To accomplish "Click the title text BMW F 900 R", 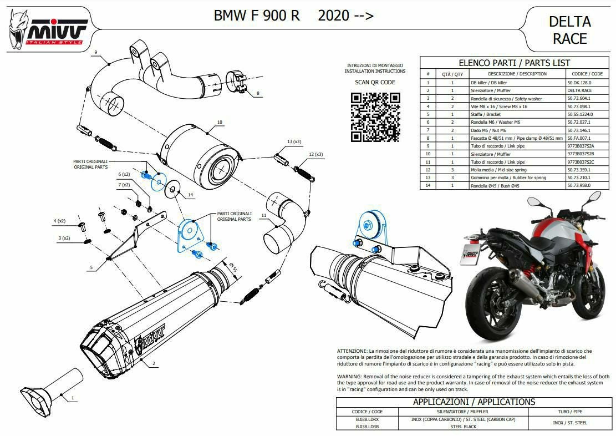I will (257, 16).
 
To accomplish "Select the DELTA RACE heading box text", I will (569, 30).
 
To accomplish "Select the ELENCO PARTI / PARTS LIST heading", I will (514, 63).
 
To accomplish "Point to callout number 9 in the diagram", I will (96, 52).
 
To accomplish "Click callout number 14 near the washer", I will (190, 195).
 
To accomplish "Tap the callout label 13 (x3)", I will (294, 141).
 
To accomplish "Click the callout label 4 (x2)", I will (59, 221).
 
